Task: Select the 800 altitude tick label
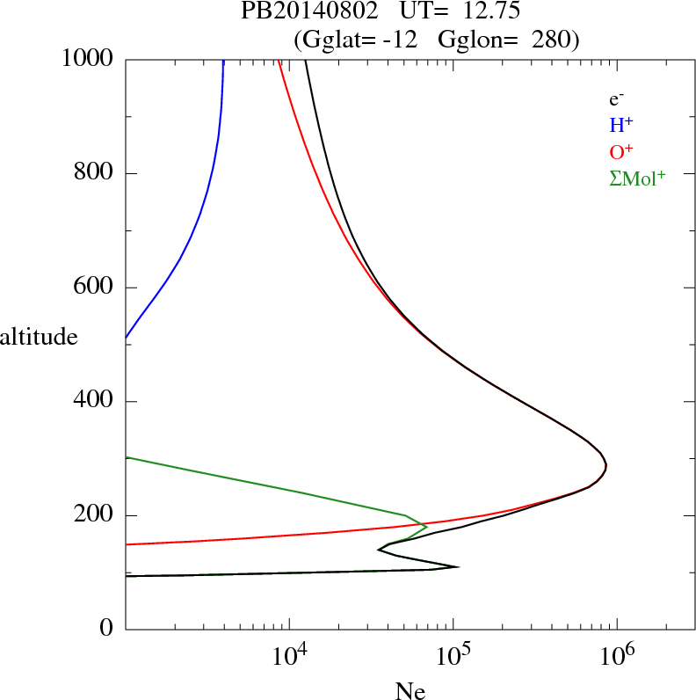coord(95,173)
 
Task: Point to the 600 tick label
coord(95,288)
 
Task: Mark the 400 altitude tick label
coord(95,401)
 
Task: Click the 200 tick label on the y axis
coord(95,515)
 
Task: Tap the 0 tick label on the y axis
coord(107,629)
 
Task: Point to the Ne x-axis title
coord(410,690)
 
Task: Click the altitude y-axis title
coord(39,336)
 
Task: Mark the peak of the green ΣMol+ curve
coord(426,527)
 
